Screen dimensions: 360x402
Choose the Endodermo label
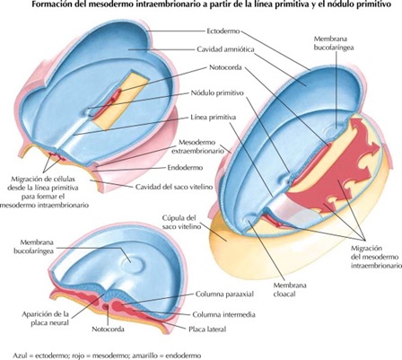203,166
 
